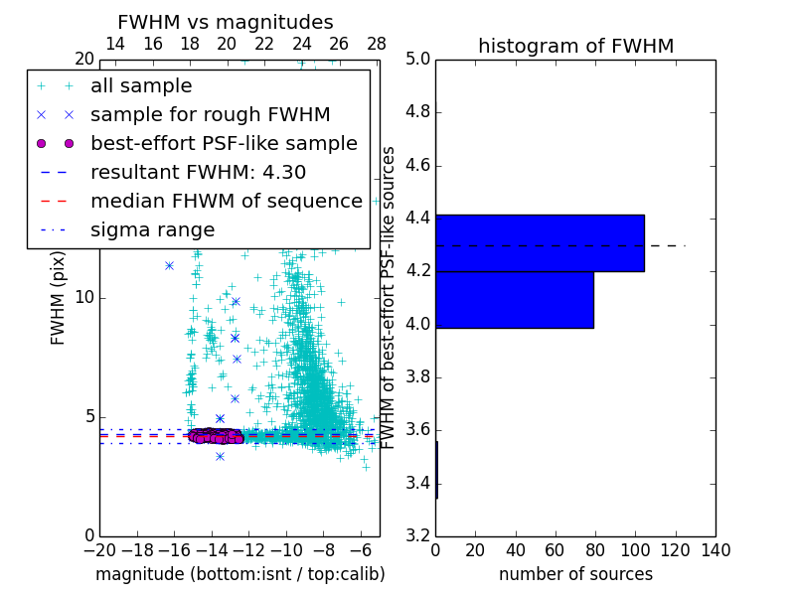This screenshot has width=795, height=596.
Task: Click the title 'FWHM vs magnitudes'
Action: (x=226, y=23)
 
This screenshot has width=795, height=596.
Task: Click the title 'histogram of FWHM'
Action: (x=575, y=46)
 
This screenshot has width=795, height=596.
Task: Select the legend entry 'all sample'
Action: (x=141, y=86)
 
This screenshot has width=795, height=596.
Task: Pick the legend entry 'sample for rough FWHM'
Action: (x=210, y=114)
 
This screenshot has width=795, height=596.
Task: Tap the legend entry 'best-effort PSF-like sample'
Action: (x=224, y=143)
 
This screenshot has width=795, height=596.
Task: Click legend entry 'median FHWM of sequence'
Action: (x=226, y=201)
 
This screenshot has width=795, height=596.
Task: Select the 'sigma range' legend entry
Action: (x=152, y=230)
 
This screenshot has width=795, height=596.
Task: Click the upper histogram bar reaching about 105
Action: (x=540, y=243)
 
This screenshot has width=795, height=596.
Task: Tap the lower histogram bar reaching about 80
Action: (x=515, y=299)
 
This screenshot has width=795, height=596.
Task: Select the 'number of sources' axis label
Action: (x=575, y=574)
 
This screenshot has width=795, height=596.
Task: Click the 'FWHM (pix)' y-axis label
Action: (x=59, y=297)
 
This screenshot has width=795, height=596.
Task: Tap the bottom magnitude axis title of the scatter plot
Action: (x=239, y=574)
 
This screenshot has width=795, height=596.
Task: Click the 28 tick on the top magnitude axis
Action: (x=377, y=44)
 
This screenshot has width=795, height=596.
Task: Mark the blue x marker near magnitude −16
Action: (x=169, y=265)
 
